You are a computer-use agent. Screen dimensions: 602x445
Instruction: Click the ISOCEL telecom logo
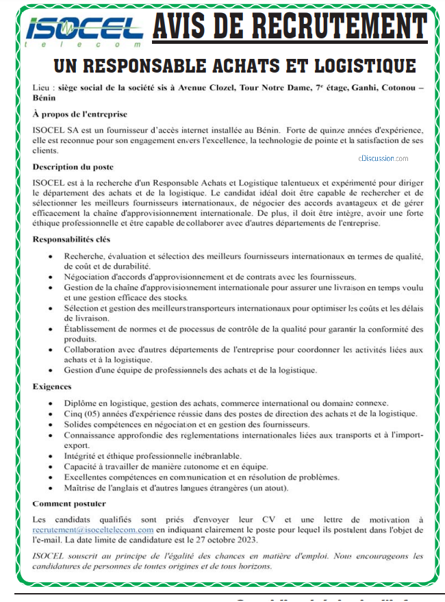tap(84, 31)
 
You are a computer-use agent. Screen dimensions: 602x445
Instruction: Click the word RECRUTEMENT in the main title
tap(340, 28)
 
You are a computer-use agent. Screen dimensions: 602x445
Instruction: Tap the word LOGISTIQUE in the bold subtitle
tap(364, 66)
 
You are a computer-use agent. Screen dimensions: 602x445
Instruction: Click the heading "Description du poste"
tap(73, 166)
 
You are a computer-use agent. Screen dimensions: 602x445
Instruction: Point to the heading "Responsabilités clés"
tap(71, 239)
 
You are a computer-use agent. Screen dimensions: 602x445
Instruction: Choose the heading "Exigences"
tap(52, 386)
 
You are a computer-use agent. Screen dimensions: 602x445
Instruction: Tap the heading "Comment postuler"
tap(69, 503)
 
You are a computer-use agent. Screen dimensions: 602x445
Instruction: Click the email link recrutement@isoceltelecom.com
tap(92, 529)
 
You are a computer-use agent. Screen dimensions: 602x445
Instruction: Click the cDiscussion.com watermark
tap(383, 158)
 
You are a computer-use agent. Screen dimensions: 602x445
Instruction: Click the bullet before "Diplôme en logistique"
tap(52, 403)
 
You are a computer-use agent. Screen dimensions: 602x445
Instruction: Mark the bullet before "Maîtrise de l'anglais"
tap(52, 488)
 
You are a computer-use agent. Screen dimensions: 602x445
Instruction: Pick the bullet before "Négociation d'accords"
tap(52, 277)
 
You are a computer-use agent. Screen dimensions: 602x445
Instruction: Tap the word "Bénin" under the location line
tap(44, 98)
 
